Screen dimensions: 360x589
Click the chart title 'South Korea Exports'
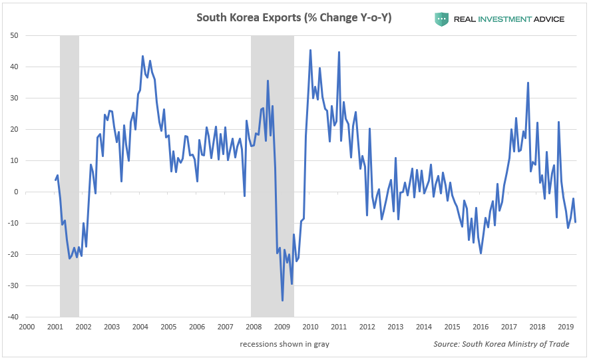point(294,18)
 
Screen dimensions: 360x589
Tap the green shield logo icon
point(441,19)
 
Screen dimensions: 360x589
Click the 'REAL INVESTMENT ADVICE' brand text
point(508,19)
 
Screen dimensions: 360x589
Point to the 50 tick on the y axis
point(13,35)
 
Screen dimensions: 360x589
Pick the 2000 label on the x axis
point(27,327)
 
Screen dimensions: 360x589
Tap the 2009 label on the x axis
point(282,327)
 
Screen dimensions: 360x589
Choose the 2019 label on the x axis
point(565,327)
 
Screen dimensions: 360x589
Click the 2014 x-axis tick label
point(423,327)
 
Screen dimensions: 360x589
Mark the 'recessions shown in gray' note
point(285,344)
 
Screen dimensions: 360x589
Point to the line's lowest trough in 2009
point(282,301)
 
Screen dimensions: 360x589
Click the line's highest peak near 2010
point(310,50)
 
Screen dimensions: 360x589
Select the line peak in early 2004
point(142,56)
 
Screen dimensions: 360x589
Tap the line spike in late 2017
point(528,83)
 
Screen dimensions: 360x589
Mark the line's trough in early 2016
point(481,253)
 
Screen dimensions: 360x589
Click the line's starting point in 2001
point(55,180)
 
